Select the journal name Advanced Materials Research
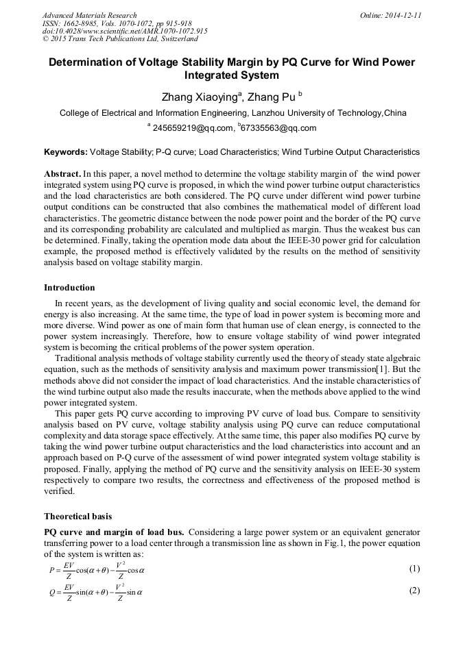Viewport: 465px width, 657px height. (89, 15)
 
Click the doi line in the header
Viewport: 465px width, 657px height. (125, 31)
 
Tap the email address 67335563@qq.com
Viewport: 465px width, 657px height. (278, 128)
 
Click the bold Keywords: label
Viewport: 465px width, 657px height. (66, 151)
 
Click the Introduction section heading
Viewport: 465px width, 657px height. (69, 287)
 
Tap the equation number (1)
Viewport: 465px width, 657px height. (414, 569)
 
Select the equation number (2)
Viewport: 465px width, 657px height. (414, 591)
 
